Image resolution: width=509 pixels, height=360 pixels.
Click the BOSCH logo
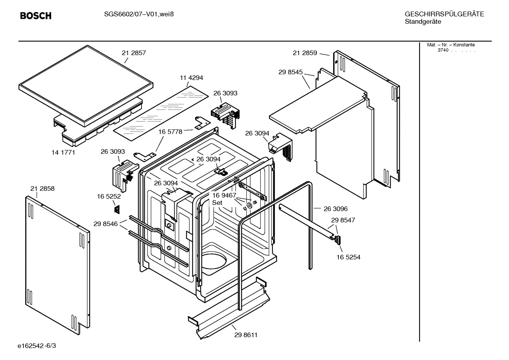(36, 16)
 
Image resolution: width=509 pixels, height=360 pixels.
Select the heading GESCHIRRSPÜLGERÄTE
(444, 14)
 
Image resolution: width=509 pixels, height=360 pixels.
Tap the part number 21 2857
(134, 53)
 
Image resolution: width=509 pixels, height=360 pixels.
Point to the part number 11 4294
(191, 78)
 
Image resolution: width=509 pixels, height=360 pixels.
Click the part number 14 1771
(63, 153)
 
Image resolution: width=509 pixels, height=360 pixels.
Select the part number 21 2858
(42, 189)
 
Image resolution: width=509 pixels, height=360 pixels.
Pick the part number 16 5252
(109, 196)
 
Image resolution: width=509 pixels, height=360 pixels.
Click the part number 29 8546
(106, 224)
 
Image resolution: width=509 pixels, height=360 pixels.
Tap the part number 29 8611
(246, 335)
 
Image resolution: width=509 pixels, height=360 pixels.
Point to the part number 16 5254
(348, 257)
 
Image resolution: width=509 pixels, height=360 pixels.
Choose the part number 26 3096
(336, 209)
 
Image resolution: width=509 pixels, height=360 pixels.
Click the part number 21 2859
(305, 53)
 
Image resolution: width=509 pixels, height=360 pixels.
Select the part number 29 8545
(291, 72)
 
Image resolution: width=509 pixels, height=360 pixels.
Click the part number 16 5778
(170, 132)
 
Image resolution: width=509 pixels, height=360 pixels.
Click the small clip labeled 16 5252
(116, 209)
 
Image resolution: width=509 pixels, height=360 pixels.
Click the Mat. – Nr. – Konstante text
(451, 45)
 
